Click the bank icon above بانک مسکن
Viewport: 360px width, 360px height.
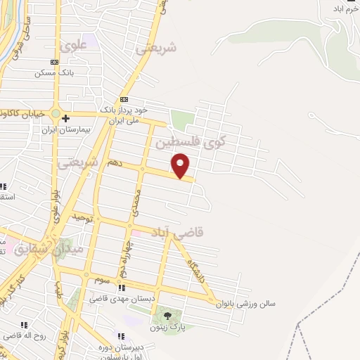[x=55, y=62]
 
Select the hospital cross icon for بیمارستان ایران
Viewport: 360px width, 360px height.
[x=65, y=118]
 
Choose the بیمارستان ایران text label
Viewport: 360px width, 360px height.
[x=58, y=130]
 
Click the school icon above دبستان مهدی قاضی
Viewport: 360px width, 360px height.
[x=121, y=288]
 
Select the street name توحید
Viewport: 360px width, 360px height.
[x=83, y=217]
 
